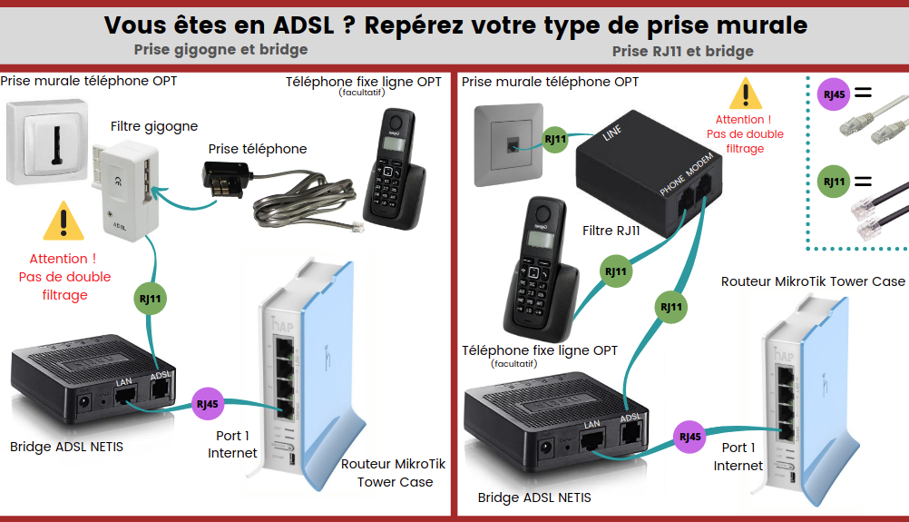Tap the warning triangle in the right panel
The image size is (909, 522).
coord(746,94)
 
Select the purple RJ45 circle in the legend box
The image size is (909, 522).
coord(832,94)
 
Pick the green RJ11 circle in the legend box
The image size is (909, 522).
coord(832,182)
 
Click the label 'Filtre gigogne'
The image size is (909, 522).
coord(153,126)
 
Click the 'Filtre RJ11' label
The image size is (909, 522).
coord(611,231)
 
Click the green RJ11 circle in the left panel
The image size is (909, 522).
coord(151,297)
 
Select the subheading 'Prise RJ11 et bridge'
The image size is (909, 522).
coord(682,51)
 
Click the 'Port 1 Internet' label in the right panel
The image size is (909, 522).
coord(738,456)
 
